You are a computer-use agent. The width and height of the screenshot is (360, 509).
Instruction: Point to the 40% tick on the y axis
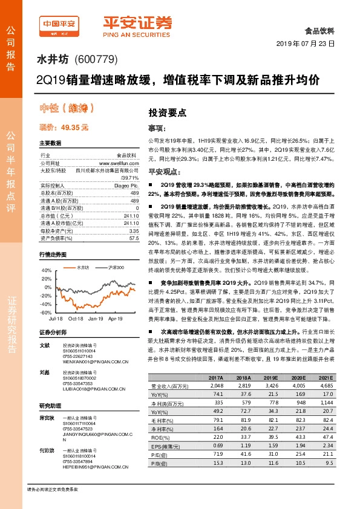pyautogui.click(x=46, y=270)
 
